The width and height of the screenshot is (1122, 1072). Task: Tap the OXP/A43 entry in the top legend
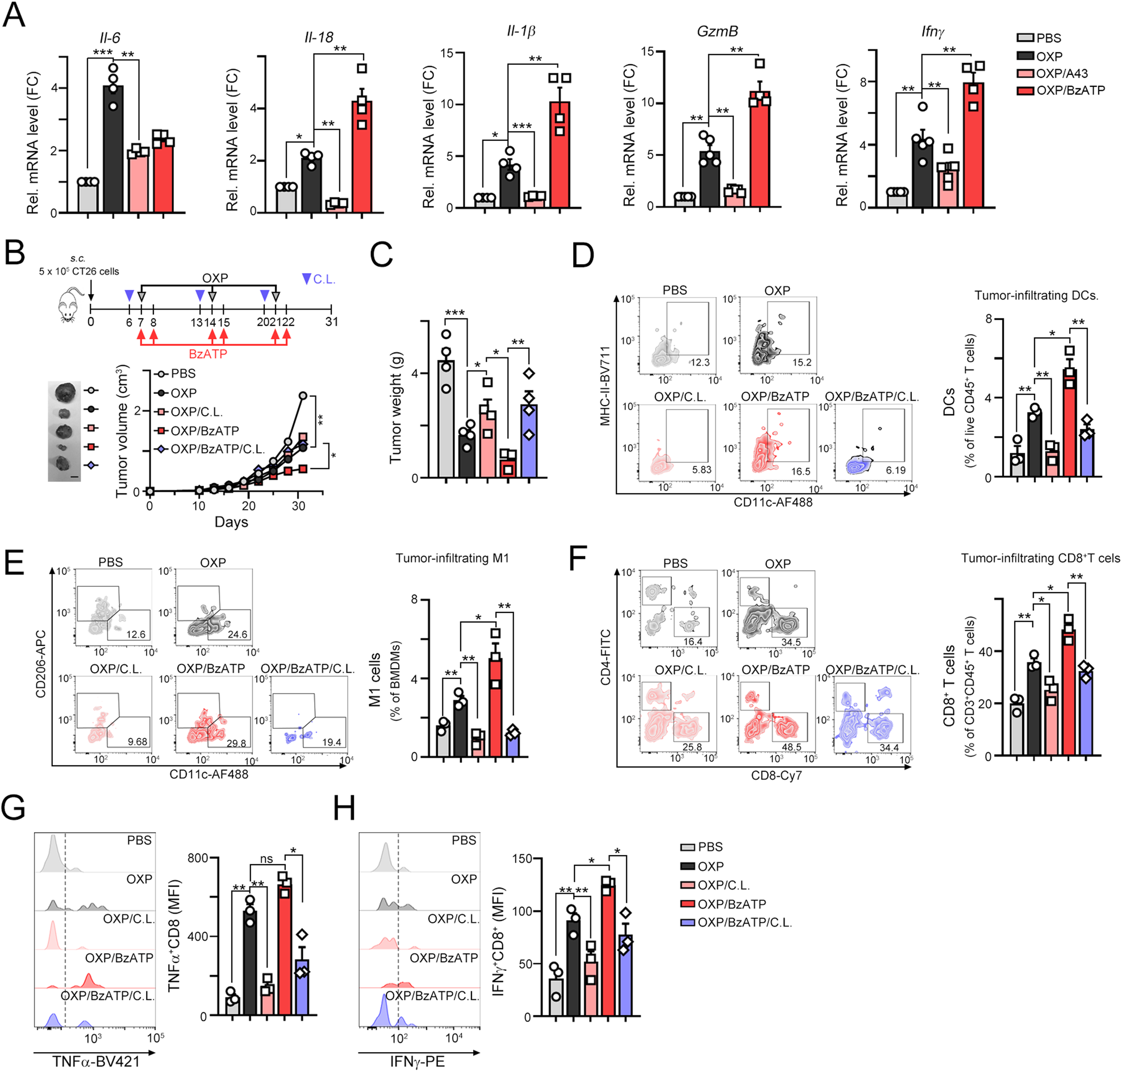(1061, 73)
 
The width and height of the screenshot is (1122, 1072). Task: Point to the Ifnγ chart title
(932, 32)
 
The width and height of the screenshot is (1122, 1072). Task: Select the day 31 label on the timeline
(332, 322)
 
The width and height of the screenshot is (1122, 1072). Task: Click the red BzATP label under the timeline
(208, 354)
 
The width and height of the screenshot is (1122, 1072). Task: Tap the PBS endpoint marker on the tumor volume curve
(303, 395)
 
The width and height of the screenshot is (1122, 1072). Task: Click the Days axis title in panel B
(231, 522)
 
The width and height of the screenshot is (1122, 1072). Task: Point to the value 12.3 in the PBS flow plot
(699, 362)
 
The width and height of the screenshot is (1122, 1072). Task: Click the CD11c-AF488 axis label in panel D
(773, 502)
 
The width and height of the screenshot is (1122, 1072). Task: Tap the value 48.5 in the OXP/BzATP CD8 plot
(791, 747)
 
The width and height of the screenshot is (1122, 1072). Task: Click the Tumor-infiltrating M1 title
(452, 558)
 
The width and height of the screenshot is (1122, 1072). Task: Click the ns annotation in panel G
(266, 859)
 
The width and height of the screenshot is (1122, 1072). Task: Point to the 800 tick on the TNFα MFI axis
(198, 858)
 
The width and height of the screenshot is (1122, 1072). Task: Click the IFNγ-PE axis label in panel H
(417, 1061)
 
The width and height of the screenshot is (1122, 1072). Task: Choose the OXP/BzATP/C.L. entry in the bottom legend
(744, 922)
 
